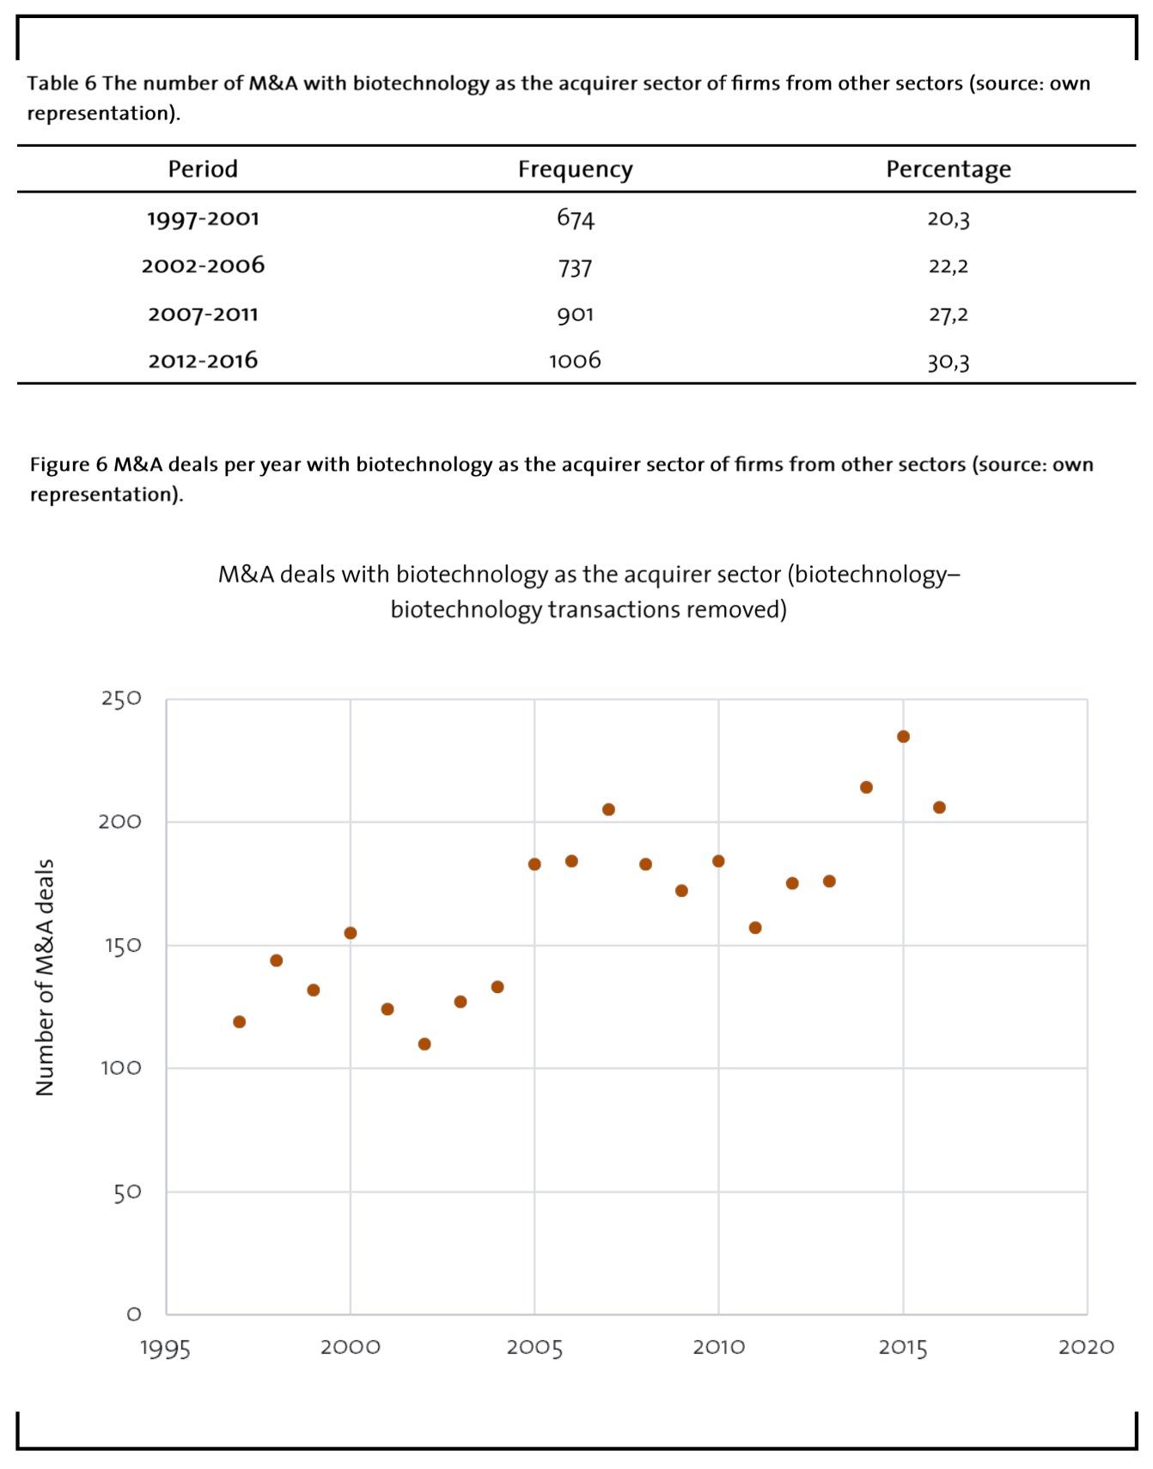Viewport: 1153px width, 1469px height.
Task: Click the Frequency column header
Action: [x=575, y=169]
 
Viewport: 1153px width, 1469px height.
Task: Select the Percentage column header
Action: [x=949, y=169]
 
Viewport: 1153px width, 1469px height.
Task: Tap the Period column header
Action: [x=203, y=168]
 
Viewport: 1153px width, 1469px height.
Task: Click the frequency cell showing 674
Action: [x=575, y=218]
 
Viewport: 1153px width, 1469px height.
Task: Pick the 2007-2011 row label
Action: [x=203, y=314]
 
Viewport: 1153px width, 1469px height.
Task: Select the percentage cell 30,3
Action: [x=949, y=362]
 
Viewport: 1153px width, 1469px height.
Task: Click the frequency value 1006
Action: [x=575, y=360]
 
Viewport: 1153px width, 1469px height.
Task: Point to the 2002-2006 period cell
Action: [x=203, y=265]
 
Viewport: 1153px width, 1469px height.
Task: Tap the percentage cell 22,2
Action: [x=949, y=266]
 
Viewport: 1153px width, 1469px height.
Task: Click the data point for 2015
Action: [x=903, y=736]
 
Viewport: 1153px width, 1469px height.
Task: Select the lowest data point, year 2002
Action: [x=424, y=1044]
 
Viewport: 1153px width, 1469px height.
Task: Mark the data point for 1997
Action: [x=240, y=1021]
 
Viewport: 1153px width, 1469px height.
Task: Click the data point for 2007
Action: [x=608, y=809]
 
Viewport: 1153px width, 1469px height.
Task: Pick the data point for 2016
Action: [x=939, y=808]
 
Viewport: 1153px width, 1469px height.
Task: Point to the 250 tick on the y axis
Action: [x=121, y=698]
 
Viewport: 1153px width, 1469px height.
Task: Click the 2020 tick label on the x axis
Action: [x=1086, y=1346]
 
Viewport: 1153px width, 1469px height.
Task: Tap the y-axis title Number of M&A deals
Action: [x=45, y=978]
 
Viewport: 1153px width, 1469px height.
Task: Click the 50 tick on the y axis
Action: [x=127, y=1192]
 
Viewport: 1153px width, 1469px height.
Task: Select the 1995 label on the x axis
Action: [x=166, y=1348]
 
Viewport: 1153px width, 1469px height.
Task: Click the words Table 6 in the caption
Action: [x=62, y=83]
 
